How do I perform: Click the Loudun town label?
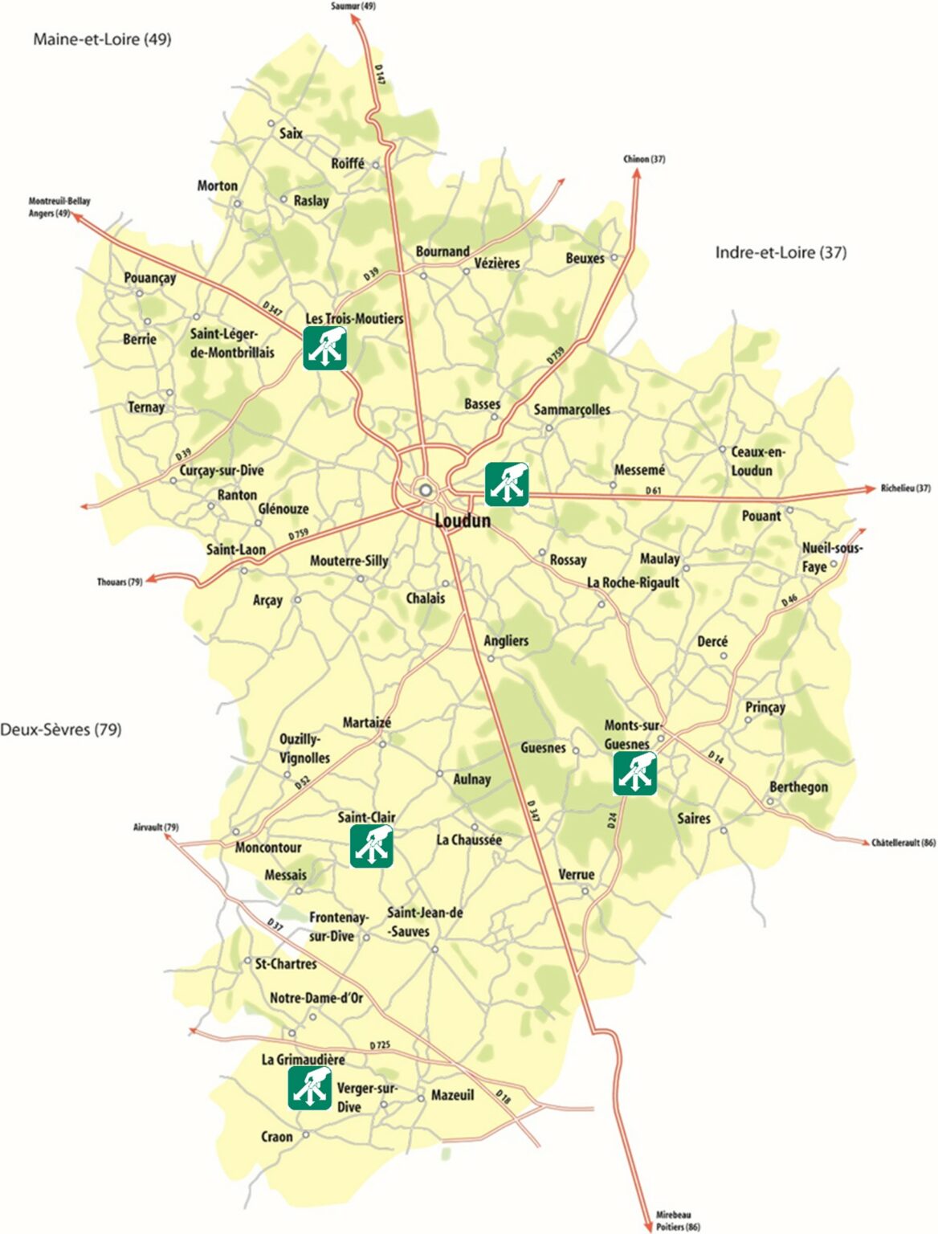(463, 521)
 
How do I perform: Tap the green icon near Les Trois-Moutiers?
(325, 348)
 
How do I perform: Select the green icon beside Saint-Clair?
(372, 846)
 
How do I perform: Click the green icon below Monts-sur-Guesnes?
(635, 774)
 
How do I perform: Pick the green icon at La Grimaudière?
(310, 1088)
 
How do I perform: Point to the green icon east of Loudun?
(507, 484)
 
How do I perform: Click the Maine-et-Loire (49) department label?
(102, 39)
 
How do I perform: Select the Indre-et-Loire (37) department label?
(781, 252)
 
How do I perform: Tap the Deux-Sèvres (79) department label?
(61, 729)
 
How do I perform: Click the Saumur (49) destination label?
(353, 6)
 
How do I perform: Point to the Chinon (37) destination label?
(644, 159)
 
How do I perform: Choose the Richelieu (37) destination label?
(905, 488)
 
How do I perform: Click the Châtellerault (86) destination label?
(903, 843)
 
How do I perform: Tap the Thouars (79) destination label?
(120, 582)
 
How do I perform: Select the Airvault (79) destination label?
(156, 827)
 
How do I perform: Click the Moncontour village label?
(268, 848)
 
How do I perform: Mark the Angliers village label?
(506, 640)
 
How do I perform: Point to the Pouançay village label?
(150, 278)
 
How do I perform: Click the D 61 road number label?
(654, 490)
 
